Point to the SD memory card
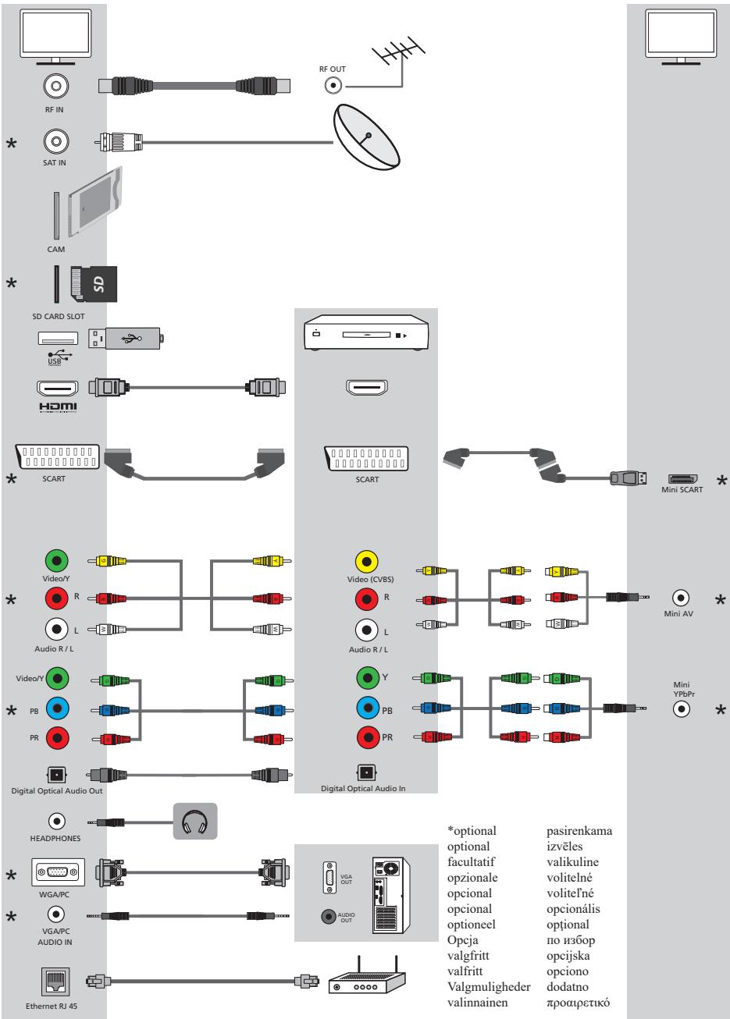point(92,283)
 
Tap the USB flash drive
point(126,338)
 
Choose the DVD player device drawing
point(365,336)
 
